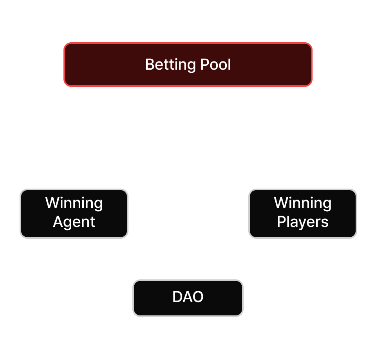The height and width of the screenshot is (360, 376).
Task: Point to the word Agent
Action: point(74,222)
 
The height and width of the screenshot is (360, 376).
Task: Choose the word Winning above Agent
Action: point(74,203)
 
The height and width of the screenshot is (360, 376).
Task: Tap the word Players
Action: point(303,222)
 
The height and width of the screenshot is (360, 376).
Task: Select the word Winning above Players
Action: point(303,203)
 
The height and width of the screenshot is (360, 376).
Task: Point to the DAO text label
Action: point(188,297)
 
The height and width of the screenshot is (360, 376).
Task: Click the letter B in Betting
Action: point(149,65)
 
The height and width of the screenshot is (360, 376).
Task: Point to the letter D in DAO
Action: point(177,297)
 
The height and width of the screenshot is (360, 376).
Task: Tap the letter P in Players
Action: point(281,222)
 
